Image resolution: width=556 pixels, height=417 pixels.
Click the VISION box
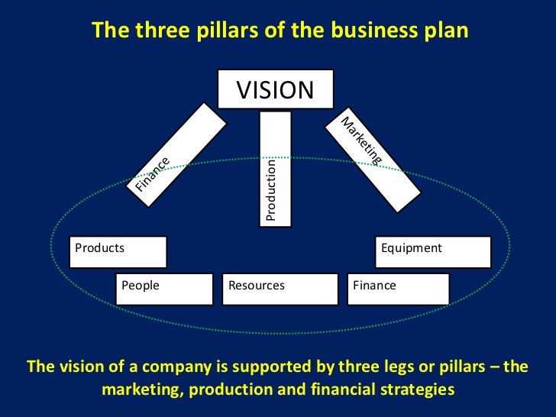(x=275, y=90)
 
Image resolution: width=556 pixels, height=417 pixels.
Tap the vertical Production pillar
(x=276, y=168)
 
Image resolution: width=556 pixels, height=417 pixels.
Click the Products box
(x=118, y=252)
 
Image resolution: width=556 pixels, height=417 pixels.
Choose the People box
(x=163, y=289)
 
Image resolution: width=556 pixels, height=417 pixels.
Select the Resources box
(x=280, y=289)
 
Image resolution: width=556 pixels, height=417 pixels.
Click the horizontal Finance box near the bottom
(x=398, y=289)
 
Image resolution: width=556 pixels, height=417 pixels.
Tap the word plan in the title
(x=444, y=30)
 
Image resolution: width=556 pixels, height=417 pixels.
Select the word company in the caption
(x=183, y=367)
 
